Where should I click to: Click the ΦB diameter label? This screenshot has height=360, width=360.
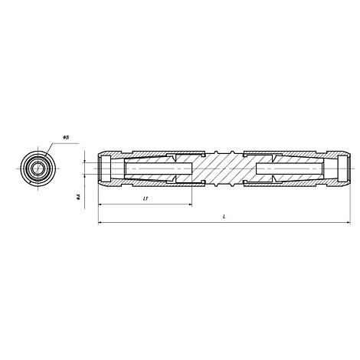[67, 137]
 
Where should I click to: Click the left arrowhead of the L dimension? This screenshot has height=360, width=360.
[100, 224]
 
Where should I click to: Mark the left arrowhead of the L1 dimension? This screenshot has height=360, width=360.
[100, 205]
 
